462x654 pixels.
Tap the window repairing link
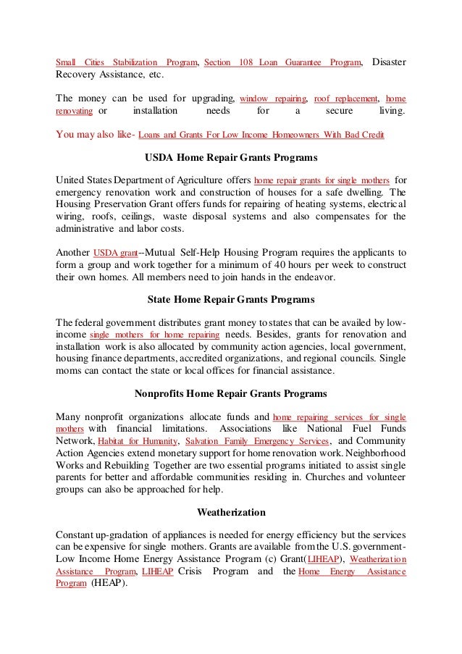tap(273, 98)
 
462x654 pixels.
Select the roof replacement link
tap(345, 98)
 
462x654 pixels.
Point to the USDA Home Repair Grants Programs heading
tap(231, 157)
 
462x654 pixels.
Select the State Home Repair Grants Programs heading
tap(231, 298)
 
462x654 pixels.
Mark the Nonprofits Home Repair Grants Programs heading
tap(231, 393)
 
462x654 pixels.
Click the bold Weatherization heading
tap(231, 512)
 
